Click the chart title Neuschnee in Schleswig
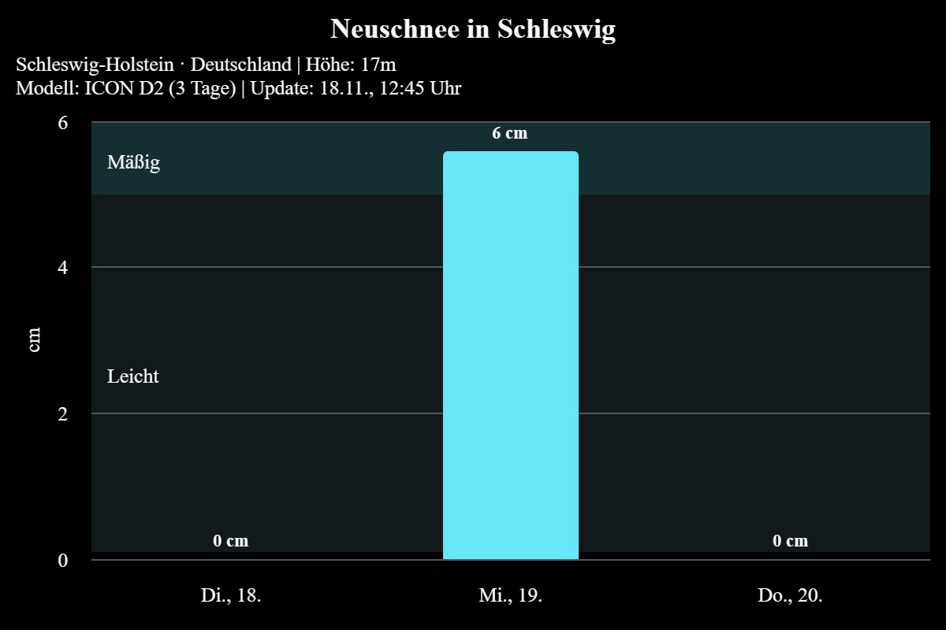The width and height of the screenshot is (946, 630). [472, 29]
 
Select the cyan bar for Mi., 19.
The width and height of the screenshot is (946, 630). [510, 354]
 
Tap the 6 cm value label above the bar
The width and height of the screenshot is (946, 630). [510, 133]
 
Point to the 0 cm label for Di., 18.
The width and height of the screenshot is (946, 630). [230, 541]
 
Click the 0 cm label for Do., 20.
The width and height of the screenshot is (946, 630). [790, 541]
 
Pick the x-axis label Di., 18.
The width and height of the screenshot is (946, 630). [230, 595]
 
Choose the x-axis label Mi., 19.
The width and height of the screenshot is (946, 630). [510, 595]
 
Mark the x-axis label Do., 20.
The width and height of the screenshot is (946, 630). [790, 595]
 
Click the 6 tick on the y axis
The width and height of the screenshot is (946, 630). [63, 123]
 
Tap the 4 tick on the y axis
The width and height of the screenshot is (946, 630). [63, 268]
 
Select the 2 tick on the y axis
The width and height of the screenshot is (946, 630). [63, 413]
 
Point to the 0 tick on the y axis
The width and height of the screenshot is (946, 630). [63, 560]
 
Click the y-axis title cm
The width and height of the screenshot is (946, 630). [35, 340]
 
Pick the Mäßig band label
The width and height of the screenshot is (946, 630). [133, 163]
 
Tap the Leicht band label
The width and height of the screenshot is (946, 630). [133, 376]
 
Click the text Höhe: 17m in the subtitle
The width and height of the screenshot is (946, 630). [351, 65]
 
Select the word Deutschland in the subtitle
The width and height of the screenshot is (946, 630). [240, 65]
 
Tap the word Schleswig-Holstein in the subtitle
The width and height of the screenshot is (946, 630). [95, 65]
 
